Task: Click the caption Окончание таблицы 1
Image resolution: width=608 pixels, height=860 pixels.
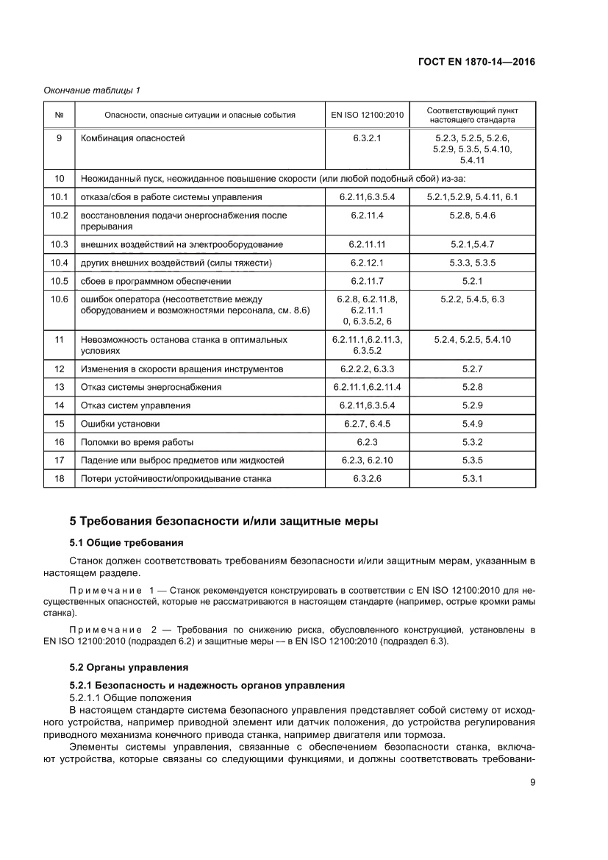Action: (92, 90)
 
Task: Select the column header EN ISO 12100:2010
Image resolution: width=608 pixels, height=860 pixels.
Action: (367, 115)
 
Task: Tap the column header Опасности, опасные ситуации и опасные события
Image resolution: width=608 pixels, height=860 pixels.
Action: (200, 115)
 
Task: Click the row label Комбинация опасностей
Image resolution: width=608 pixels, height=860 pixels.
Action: (133, 138)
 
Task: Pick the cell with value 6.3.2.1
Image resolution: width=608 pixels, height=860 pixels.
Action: (367, 138)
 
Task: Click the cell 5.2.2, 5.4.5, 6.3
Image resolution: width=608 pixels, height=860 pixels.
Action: (472, 299)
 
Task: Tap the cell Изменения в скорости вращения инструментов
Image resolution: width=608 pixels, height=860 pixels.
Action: (182, 369)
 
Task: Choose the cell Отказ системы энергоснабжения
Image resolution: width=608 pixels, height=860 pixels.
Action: (151, 387)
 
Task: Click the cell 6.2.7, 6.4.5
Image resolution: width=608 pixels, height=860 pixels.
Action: (367, 424)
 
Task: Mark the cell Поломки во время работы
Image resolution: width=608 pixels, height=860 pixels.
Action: (137, 442)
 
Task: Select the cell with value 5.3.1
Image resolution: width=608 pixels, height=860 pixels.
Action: (472, 478)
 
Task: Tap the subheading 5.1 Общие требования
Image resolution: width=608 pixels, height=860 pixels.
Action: (126, 543)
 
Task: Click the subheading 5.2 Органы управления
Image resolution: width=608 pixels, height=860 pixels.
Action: (129, 667)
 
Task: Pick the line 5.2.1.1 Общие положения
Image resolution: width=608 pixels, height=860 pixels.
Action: (130, 697)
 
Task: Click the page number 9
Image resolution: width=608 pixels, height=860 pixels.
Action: (532, 783)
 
